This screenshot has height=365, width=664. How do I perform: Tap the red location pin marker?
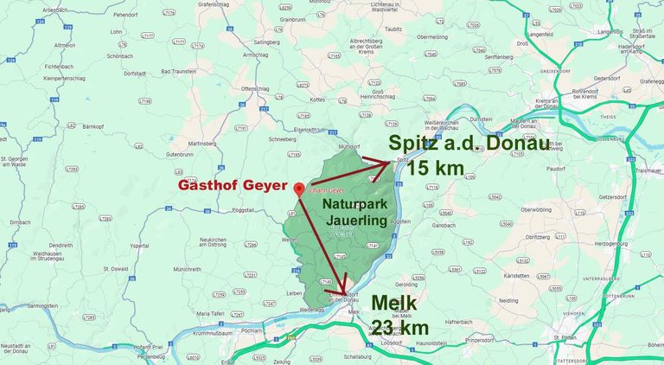pyautogui.click(x=298, y=189)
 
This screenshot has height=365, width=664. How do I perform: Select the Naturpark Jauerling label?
pyautogui.click(x=355, y=212)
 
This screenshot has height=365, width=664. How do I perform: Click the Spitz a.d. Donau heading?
pyautogui.click(x=468, y=144)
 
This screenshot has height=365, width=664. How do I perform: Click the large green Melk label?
pyautogui.click(x=394, y=304)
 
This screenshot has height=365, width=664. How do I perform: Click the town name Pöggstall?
pyautogui.click(x=246, y=210)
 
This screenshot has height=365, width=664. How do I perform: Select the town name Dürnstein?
pyautogui.click(x=481, y=118)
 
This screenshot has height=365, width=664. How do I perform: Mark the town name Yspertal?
pyautogui.click(x=138, y=246)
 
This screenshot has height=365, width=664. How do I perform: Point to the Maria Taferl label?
pyautogui.click(x=210, y=313)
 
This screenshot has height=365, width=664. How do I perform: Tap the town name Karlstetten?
pyautogui.click(x=517, y=275)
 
